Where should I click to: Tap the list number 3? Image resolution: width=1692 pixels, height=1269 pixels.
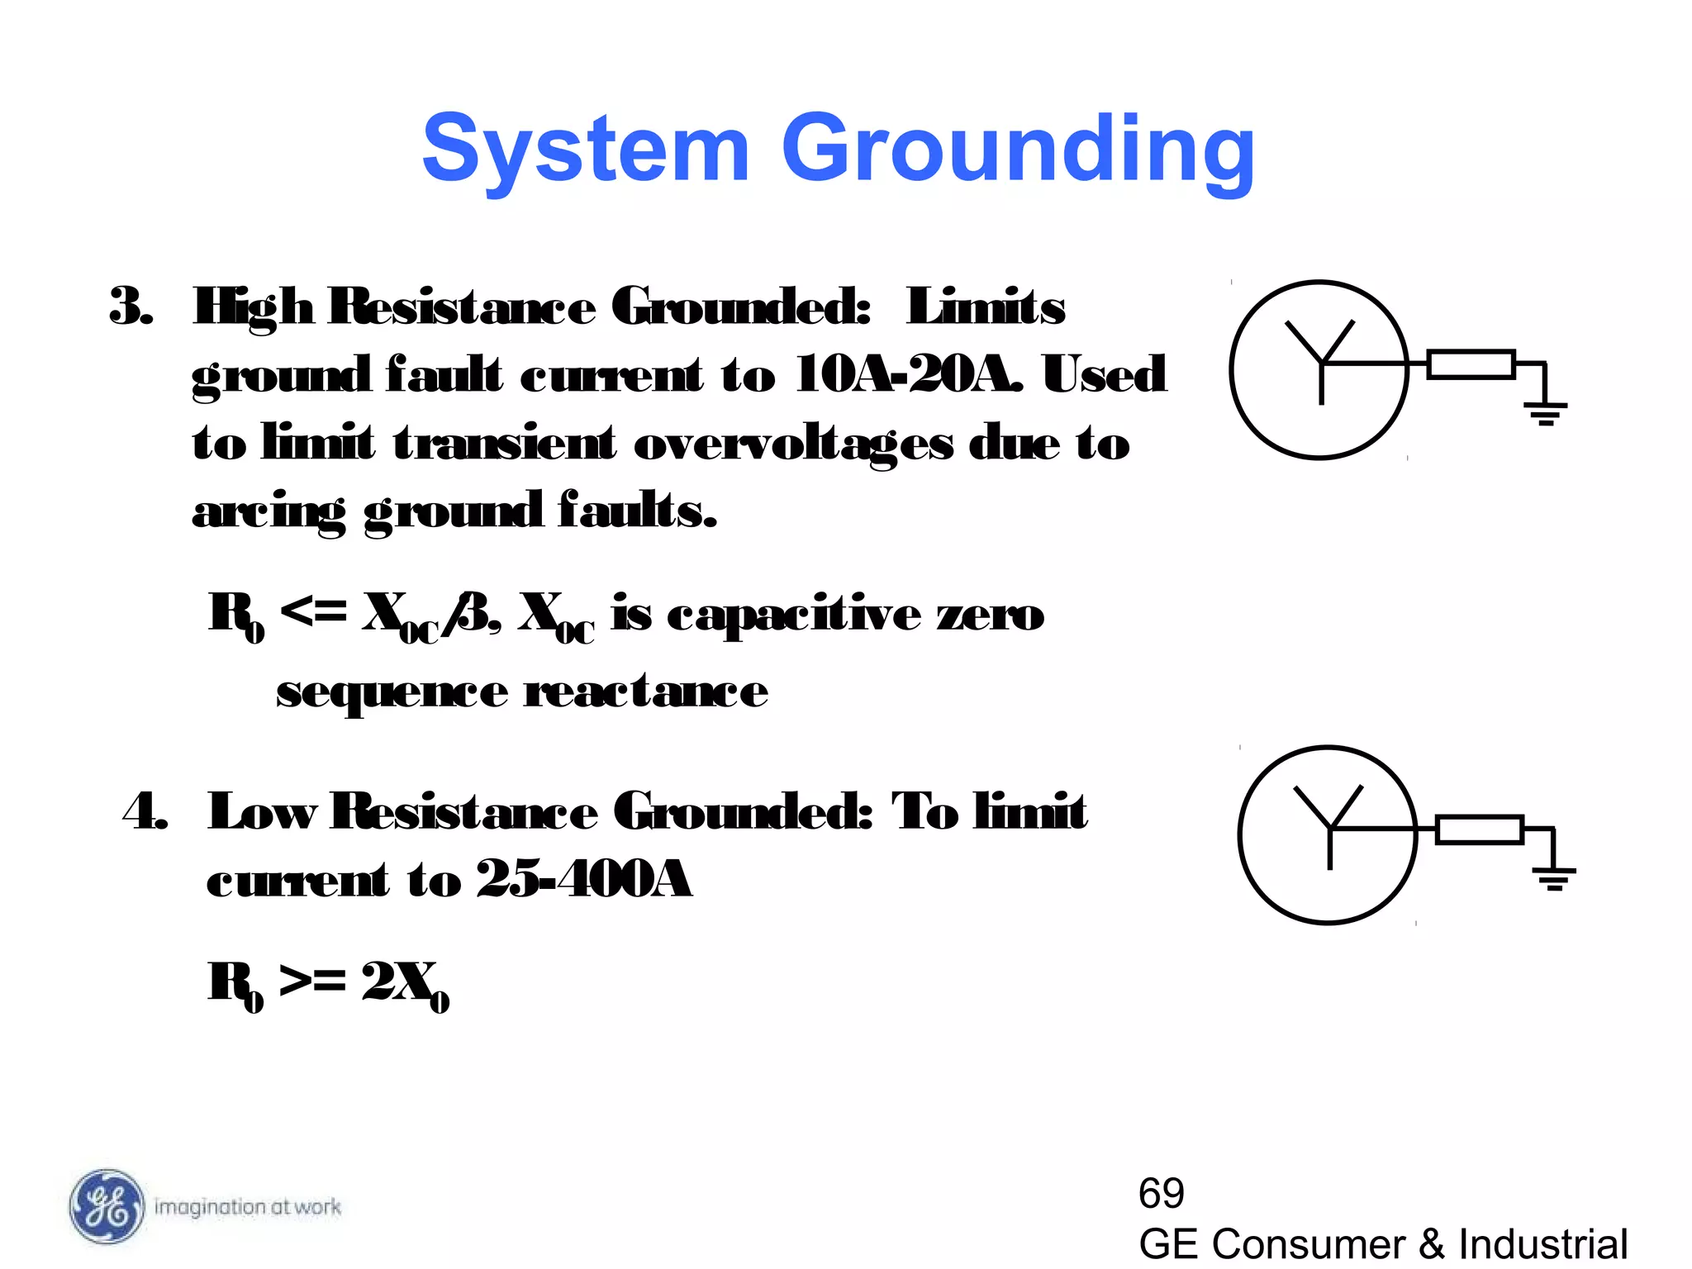pos(130,307)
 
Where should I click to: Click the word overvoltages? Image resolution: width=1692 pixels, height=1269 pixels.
pos(793,444)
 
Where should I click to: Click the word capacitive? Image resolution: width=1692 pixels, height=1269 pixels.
pos(793,615)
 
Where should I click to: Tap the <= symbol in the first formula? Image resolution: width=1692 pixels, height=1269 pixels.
pos(313,612)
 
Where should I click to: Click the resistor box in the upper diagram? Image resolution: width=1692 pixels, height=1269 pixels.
pos(1471,364)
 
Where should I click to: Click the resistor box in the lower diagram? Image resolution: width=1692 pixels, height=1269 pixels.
pos(1479,829)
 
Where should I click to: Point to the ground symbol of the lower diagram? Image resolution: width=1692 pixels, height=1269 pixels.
pos(1554,877)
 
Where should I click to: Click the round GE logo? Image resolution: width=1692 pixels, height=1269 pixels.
pos(106,1206)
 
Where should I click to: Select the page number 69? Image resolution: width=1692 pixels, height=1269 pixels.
pos(1161,1193)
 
